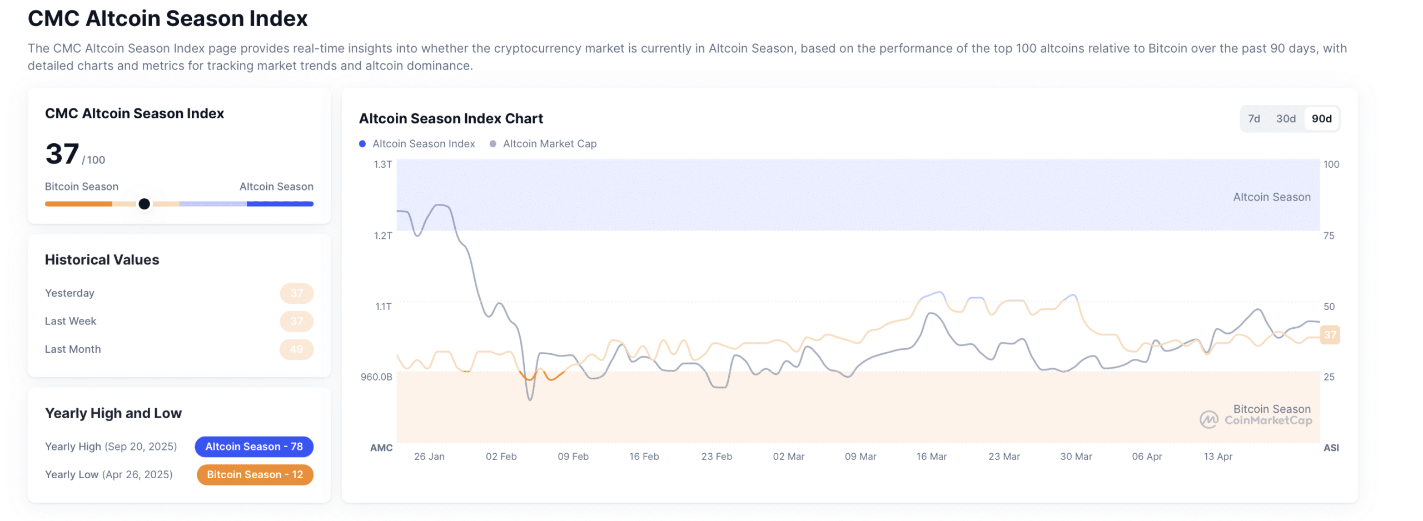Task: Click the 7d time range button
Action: tap(1253, 118)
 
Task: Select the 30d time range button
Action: tap(1285, 118)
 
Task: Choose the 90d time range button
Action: tap(1321, 118)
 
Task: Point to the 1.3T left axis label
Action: tap(382, 164)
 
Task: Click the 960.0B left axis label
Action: tap(376, 377)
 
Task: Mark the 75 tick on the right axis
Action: tap(1328, 236)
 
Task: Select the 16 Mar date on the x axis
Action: tap(931, 457)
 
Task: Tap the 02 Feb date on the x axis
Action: tap(501, 457)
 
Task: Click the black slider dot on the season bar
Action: tap(144, 204)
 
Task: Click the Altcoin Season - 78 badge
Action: tap(254, 447)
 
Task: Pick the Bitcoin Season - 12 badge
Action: tap(255, 475)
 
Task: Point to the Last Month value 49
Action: tap(296, 349)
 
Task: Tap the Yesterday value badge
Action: tap(296, 293)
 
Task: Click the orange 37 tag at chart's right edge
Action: tap(1330, 335)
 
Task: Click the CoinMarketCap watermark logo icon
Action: tap(1208, 420)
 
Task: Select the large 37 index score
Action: tap(62, 154)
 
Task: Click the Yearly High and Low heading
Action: tap(113, 413)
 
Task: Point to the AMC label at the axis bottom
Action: tap(381, 448)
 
